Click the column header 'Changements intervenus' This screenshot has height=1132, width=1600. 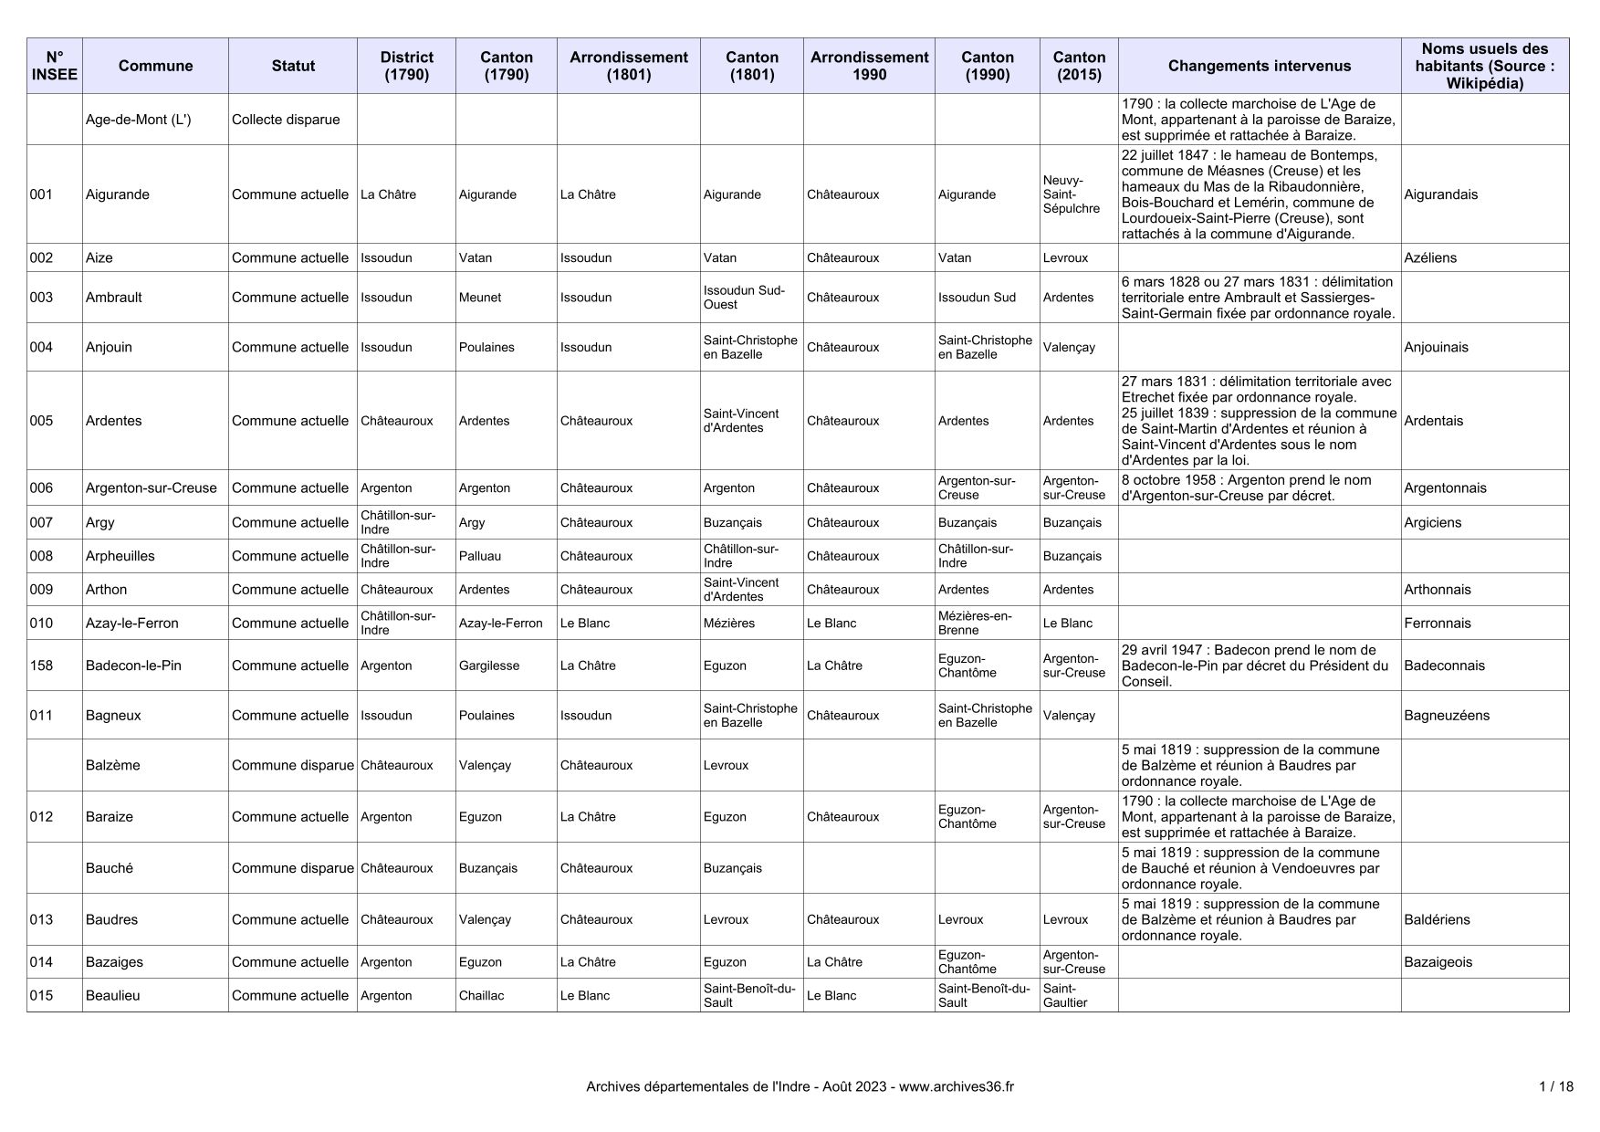1259,66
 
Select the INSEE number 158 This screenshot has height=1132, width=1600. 41,666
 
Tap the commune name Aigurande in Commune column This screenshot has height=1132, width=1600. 118,194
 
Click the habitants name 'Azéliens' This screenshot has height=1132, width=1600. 1430,257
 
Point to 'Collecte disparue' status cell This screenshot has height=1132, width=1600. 286,120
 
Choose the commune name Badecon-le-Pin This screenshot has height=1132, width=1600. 133,666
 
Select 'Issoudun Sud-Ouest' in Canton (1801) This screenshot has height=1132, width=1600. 744,297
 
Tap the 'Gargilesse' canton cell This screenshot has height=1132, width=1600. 488,666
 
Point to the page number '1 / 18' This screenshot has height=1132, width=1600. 1555,1086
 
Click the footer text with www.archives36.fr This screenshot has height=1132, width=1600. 800,1086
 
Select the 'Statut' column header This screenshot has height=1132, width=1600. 293,66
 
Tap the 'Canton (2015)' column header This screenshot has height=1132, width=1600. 1079,66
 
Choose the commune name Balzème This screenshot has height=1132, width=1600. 113,765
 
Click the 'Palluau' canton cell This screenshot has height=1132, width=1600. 480,556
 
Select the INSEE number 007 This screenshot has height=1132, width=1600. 41,522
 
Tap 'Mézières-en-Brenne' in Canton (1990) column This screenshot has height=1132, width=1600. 975,623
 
